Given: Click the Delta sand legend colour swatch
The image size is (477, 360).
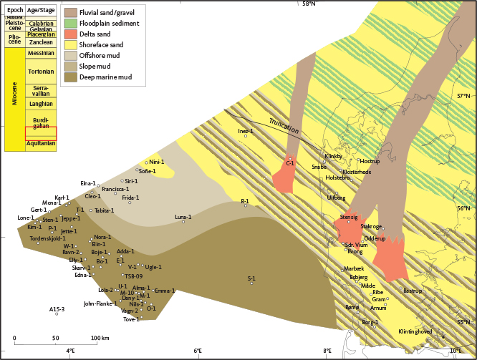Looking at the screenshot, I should [70, 34].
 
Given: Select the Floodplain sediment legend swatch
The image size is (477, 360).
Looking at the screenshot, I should [70, 24].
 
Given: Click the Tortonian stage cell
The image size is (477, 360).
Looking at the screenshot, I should [40, 72].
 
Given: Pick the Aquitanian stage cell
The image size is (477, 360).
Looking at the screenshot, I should [40, 143].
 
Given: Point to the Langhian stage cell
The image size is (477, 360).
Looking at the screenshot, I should [40, 104].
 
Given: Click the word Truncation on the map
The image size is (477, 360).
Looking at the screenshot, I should [284, 122].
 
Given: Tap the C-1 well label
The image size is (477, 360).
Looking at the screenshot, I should [290, 164].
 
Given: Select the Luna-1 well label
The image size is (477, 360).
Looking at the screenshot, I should [183, 216].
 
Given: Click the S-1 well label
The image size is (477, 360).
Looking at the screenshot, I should [251, 278].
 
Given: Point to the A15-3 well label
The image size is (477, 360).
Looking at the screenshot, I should [57, 308].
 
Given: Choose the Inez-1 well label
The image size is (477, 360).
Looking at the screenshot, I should [246, 132].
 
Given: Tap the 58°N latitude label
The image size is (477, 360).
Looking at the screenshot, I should [309, 4].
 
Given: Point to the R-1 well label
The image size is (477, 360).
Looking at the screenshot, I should [244, 201].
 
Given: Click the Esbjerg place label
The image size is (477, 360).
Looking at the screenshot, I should [358, 277].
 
